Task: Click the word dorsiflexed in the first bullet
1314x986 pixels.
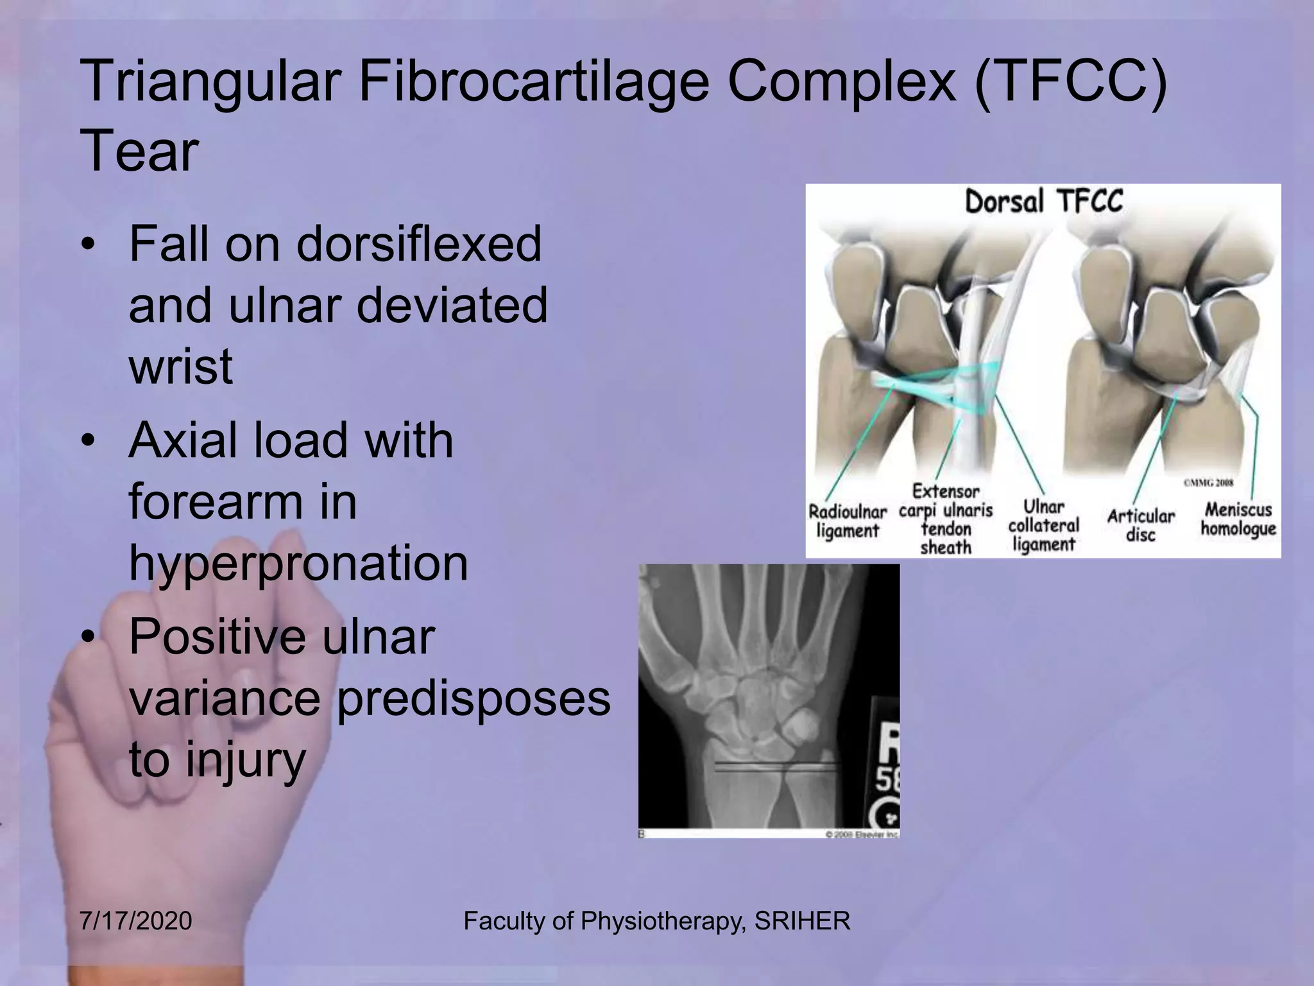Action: tap(419, 245)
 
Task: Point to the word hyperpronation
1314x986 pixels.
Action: tap(298, 564)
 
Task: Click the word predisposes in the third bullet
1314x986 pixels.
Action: tap(473, 698)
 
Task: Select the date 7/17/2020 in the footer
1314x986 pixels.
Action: tap(136, 921)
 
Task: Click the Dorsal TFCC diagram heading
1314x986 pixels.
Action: tap(1044, 202)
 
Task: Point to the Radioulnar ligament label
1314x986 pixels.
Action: tap(847, 521)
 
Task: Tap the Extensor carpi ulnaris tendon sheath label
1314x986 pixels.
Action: tap(946, 519)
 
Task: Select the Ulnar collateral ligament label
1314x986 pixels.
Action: tap(1044, 526)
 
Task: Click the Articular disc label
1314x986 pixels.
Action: tap(1140, 525)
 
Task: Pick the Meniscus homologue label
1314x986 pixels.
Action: tap(1238, 519)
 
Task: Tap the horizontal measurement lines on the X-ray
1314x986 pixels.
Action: tap(776, 766)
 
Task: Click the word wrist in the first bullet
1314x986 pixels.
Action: tap(181, 367)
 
